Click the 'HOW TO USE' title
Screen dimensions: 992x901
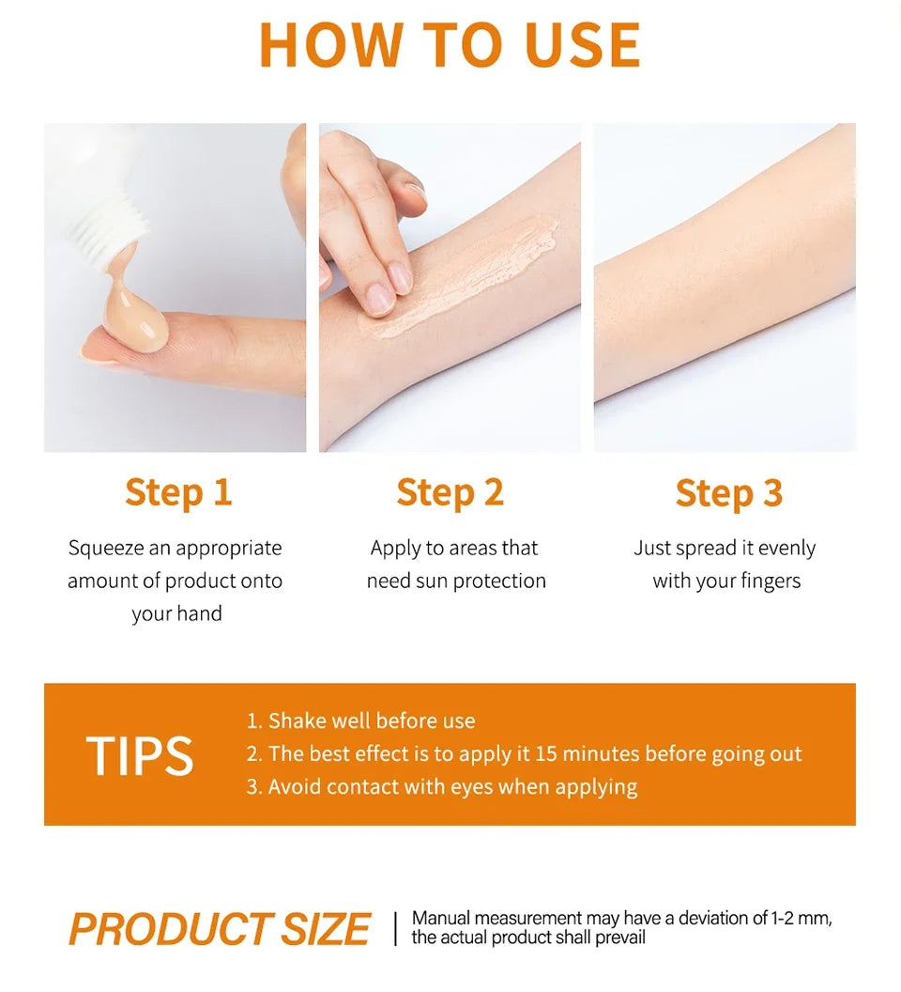click(x=450, y=44)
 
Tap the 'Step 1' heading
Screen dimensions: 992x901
click(x=177, y=492)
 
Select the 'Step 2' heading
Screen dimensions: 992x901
click(x=450, y=492)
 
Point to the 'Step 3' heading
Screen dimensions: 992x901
click(x=728, y=492)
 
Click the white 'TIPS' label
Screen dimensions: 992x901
click(x=139, y=756)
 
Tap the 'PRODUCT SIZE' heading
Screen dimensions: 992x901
click(x=220, y=929)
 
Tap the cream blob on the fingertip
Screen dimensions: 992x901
click(x=137, y=319)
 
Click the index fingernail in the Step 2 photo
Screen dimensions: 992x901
click(x=380, y=299)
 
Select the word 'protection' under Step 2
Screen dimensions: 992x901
click(x=499, y=581)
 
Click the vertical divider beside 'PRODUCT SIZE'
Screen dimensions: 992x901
click(x=395, y=928)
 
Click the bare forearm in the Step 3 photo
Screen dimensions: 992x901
click(x=723, y=301)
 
